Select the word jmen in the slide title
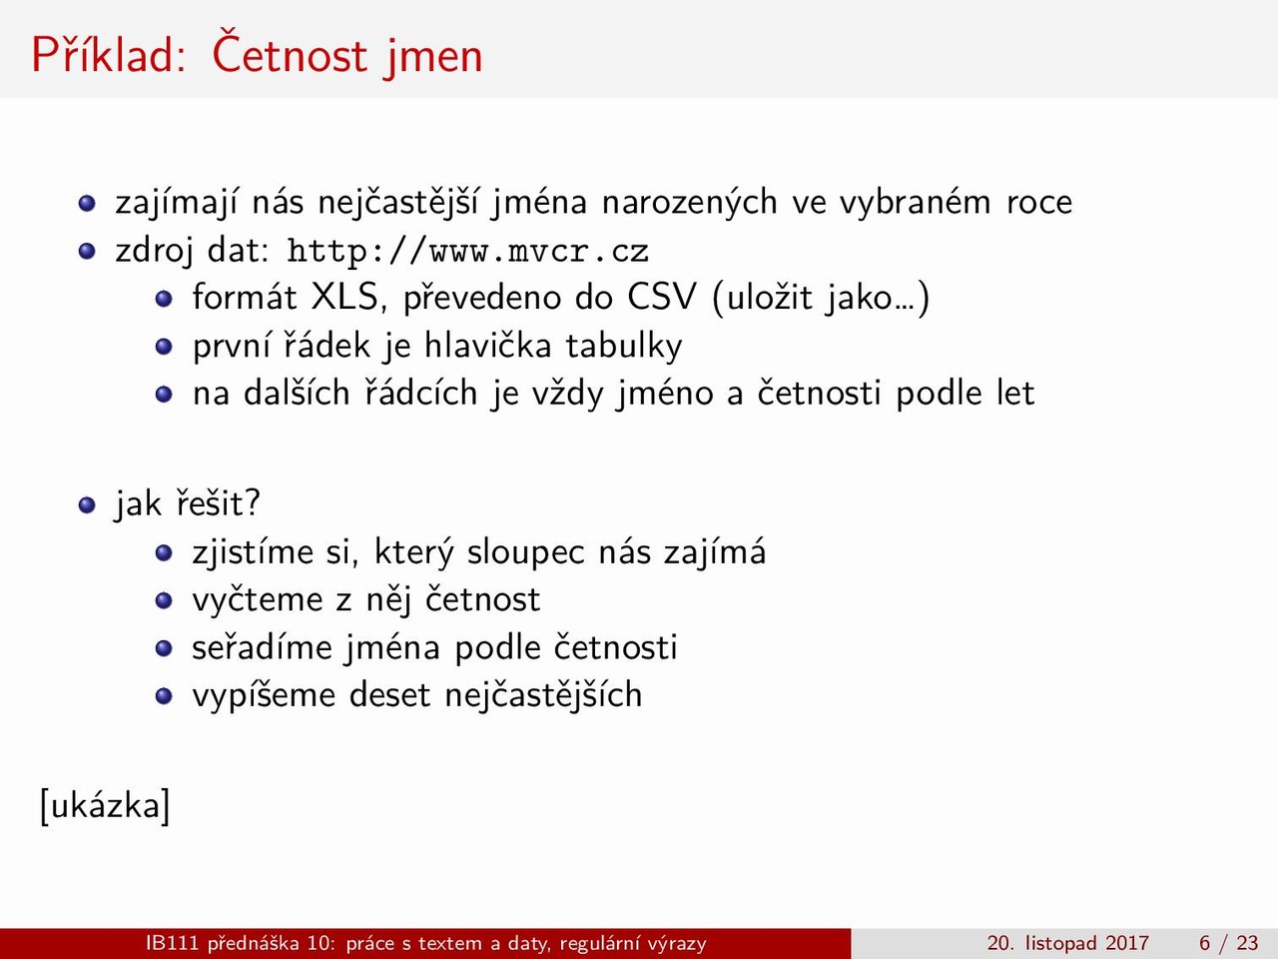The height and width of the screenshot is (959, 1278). pos(433,60)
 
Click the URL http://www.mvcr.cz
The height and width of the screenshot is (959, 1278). pos(467,252)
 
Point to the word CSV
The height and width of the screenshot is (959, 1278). pos(661,297)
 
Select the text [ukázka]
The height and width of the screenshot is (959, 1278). pos(106,806)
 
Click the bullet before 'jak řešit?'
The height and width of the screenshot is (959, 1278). pos(87,504)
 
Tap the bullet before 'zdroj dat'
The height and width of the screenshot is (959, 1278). pos(87,252)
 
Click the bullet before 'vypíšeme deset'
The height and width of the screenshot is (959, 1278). pos(164,696)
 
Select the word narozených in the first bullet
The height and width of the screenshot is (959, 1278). pos(689,203)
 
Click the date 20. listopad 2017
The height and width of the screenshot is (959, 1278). pos(1067,943)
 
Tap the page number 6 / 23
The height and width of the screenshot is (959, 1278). pos(1228,943)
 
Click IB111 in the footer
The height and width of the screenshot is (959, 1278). pos(171,943)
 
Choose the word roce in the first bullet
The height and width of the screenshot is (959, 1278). pos(1039,204)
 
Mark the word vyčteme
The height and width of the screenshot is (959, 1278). pos(258,599)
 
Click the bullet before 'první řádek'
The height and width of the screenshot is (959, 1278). pos(164,347)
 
